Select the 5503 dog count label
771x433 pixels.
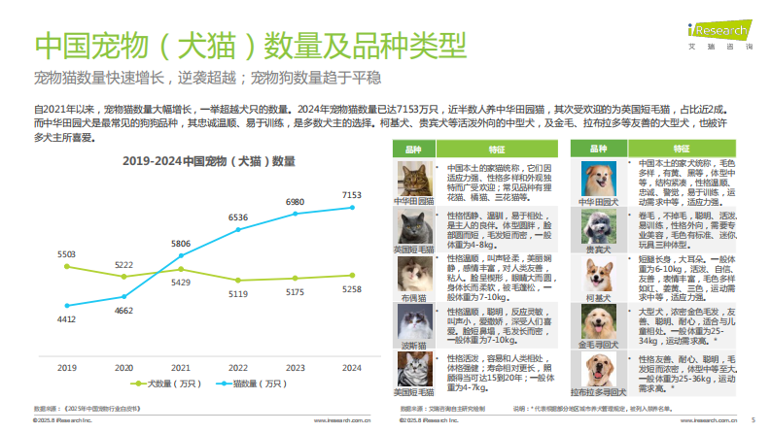pyautogui.click(x=66, y=253)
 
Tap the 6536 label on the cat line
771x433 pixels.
pyautogui.click(x=238, y=217)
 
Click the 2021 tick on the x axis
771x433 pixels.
pyautogui.click(x=181, y=368)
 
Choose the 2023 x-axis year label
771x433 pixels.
pyautogui.click(x=295, y=368)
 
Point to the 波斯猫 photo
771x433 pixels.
pyautogui.click(x=413, y=325)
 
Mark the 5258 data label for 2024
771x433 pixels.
pyautogui.click(x=352, y=289)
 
